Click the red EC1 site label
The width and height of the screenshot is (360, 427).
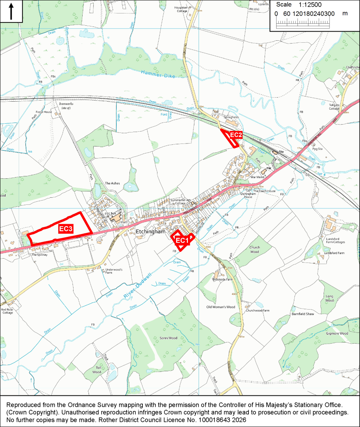[x=182, y=240]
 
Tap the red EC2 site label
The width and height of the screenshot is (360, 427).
[x=236, y=135]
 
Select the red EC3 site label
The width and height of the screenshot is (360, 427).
[x=66, y=229]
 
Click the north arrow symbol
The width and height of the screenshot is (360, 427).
[x=11, y=11]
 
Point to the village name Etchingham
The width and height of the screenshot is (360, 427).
[x=150, y=232]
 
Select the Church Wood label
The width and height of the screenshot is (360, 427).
[x=254, y=249]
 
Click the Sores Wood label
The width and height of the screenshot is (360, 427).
[x=168, y=338]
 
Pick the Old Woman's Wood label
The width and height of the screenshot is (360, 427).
[x=220, y=307]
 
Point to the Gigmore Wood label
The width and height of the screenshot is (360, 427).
[x=337, y=333]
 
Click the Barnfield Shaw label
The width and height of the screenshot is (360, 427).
[x=303, y=314]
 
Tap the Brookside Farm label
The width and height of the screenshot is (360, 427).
[x=222, y=279]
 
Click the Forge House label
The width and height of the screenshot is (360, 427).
[x=44, y=112]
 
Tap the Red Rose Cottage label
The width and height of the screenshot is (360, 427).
[x=7, y=311]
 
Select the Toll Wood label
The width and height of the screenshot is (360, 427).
[x=97, y=370]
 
